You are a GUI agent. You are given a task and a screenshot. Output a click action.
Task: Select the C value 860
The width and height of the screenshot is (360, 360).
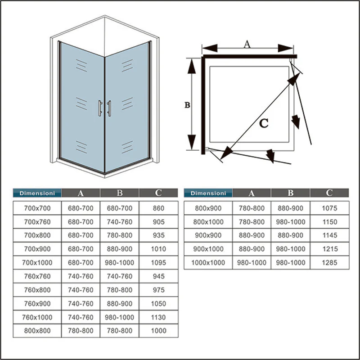(159, 208)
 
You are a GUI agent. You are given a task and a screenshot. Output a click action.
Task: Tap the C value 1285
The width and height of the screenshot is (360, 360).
(329, 262)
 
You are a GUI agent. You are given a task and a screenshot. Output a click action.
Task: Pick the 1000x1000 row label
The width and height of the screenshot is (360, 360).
(207, 262)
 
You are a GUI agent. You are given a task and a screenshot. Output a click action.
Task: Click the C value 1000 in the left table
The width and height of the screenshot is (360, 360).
(159, 330)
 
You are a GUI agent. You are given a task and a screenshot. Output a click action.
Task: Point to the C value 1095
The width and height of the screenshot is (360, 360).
(159, 262)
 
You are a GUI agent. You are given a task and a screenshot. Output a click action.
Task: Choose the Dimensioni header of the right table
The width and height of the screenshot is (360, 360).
(208, 193)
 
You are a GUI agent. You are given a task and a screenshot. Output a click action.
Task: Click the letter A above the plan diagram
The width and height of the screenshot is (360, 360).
(247, 44)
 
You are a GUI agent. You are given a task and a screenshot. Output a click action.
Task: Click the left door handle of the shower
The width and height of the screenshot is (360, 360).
(100, 108)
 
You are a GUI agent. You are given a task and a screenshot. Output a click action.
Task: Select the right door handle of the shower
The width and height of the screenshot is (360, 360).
(109, 108)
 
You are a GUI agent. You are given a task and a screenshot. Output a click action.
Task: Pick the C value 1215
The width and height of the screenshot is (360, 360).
(329, 249)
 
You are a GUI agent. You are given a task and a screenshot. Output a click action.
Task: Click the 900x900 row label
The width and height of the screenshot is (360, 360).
(207, 235)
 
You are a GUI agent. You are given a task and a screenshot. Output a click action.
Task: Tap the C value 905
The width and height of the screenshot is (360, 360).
(159, 221)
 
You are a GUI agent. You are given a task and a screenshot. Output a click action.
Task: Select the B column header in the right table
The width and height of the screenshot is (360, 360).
(290, 193)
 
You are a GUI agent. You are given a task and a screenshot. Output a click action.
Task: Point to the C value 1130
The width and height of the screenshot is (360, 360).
(159, 317)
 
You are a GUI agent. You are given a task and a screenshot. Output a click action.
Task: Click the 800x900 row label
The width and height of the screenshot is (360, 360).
(207, 208)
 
